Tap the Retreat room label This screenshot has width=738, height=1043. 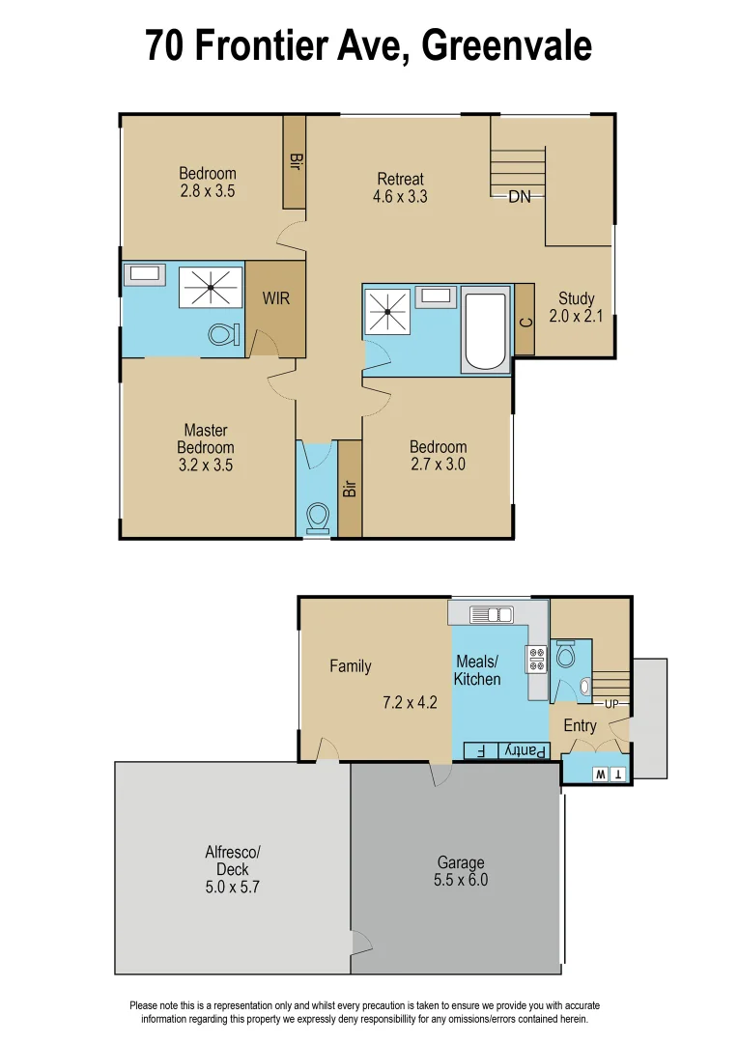click(x=400, y=179)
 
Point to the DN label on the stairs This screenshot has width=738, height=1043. click(x=520, y=197)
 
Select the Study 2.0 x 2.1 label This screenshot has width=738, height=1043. click(x=577, y=307)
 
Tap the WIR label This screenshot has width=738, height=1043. click(x=276, y=298)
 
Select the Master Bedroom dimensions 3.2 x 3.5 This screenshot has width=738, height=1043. click(x=207, y=465)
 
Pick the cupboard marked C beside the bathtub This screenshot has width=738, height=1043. click(x=525, y=320)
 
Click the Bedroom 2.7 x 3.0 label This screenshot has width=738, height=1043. click(x=438, y=455)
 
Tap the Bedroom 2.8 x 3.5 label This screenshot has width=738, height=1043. click(x=207, y=183)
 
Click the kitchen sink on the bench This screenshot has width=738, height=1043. click(x=493, y=614)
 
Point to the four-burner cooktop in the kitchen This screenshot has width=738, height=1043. click(x=536, y=659)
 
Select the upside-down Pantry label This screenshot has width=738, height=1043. click(x=527, y=750)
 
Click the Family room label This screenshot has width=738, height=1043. click(x=350, y=666)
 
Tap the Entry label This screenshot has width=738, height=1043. click(x=580, y=725)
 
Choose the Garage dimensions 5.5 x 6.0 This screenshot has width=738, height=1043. click(x=461, y=880)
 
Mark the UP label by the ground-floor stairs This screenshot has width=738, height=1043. click(x=611, y=703)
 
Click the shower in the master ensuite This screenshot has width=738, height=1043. click(x=211, y=287)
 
